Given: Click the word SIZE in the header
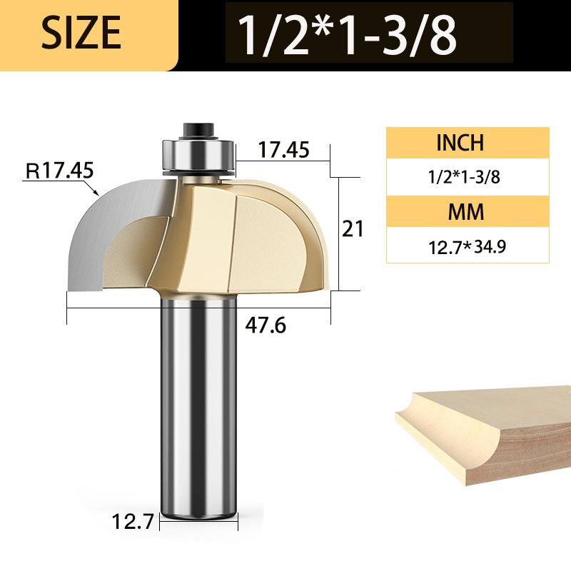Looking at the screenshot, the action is tap(81, 33).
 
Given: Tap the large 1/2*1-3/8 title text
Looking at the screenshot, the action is tap(347, 35).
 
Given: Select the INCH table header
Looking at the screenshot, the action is tap(460, 142).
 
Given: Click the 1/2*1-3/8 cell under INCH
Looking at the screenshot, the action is tap(464, 177).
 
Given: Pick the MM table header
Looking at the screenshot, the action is tap(466, 211).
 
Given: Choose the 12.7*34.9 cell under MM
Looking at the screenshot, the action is tap(468, 247).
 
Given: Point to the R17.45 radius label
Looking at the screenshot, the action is tap(60, 171).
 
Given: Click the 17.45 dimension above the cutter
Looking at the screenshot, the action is tap(283, 149).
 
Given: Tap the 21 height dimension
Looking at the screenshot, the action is tap(353, 229).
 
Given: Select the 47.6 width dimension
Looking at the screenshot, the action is tap(266, 325).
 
